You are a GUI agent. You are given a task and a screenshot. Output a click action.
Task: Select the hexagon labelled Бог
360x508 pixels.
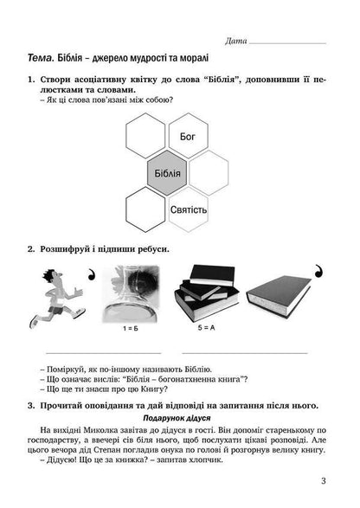(x=189, y=137)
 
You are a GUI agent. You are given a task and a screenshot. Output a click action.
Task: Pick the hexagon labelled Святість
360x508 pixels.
(x=190, y=210)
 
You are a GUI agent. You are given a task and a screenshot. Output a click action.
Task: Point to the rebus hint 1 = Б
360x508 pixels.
(x=133, y=331)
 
